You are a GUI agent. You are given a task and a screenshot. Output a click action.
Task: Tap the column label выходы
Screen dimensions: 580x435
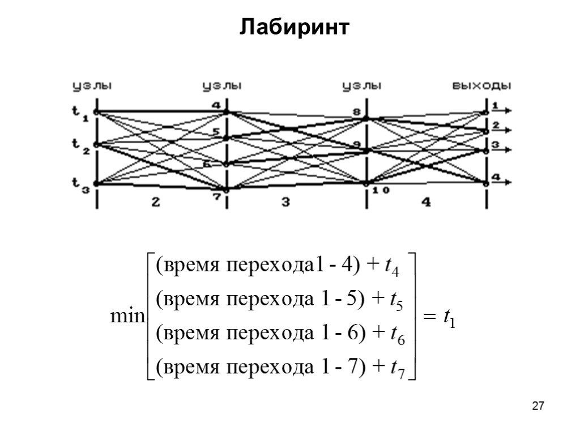point(481,86)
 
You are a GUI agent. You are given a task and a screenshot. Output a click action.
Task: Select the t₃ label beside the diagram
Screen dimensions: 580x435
point(80,184)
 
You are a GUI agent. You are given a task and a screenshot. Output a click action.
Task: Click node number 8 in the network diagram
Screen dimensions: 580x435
point(357,112)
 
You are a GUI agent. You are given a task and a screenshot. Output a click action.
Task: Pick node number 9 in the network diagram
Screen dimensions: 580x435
point(357,143)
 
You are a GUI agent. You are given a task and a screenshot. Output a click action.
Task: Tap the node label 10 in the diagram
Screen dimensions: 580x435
point(380,190)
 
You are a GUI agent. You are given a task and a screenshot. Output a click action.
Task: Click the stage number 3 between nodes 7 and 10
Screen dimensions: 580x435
point(286,202)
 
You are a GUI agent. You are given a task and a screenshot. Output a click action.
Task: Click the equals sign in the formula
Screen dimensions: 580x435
point(430,321)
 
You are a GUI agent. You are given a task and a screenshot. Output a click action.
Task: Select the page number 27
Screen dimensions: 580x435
point(539,406)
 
